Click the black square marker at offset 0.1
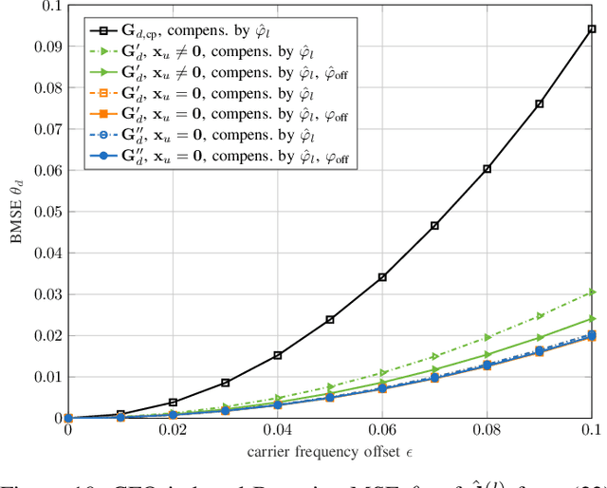click(592, 29)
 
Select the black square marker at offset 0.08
click(487, 169)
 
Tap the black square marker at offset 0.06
click(382, 277)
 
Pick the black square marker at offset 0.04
click(277, 355)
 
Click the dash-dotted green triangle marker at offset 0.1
click(592, 291)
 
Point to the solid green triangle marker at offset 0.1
click(592, 319)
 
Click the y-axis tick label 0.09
click(46, 47)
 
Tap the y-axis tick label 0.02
click(46, 335)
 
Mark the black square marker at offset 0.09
click(540, 103)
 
